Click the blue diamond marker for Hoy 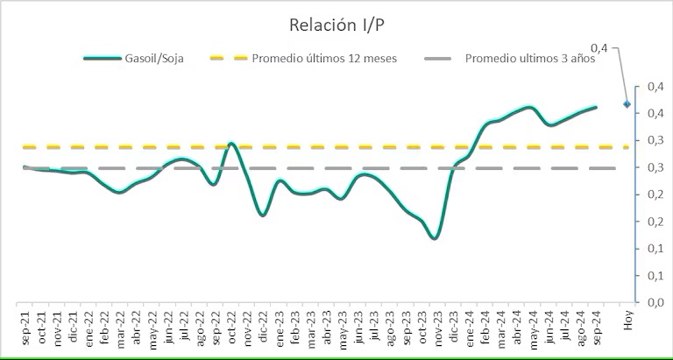tap(627, 104)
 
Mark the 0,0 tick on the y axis tap(653, 302)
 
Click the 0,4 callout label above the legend tap(599, 46)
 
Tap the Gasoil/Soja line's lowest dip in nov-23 tap(435, 237)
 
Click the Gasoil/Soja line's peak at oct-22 tap(231, 143)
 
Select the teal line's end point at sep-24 tap(596, 107)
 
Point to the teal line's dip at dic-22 tap(263, 215)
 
